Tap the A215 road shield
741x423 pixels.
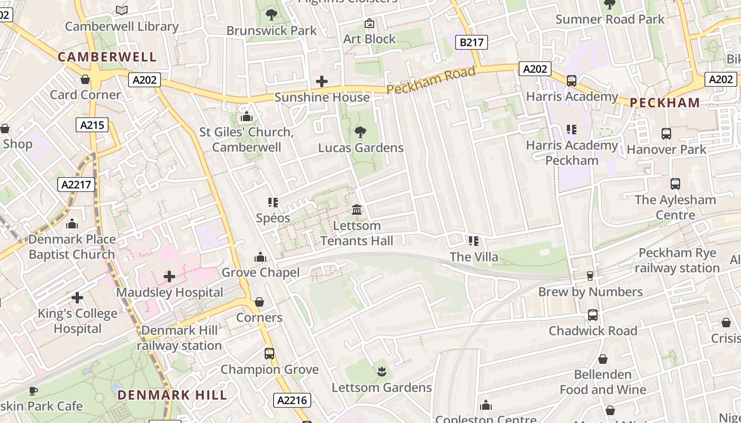tap(92, 125)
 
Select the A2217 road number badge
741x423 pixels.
tap(76, 185)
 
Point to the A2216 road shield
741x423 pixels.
tap(292, 400)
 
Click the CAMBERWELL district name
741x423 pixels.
tap(107, 57)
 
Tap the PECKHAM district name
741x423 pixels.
tap(665, 103)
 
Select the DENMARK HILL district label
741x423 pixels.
tap(172, 395)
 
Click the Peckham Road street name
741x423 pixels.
tap(431, 81)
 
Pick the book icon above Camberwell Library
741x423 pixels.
tap(122, 10)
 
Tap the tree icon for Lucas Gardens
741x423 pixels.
tap(360, 132)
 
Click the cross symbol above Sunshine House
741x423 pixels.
tap(321, 81)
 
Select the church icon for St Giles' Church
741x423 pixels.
tap(246, 116)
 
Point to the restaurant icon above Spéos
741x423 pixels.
tap(273, 202)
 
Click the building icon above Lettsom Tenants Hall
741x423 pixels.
tap(357, 210)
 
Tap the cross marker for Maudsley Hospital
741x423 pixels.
tap(169, 277)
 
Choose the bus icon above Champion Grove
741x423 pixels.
tap(269, 353)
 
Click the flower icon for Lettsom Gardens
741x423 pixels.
tap(381, 372)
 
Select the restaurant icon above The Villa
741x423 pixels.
tap(473, 241)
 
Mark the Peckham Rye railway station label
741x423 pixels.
tap(677, 260)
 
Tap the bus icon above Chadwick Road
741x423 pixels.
tap(592, 315)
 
